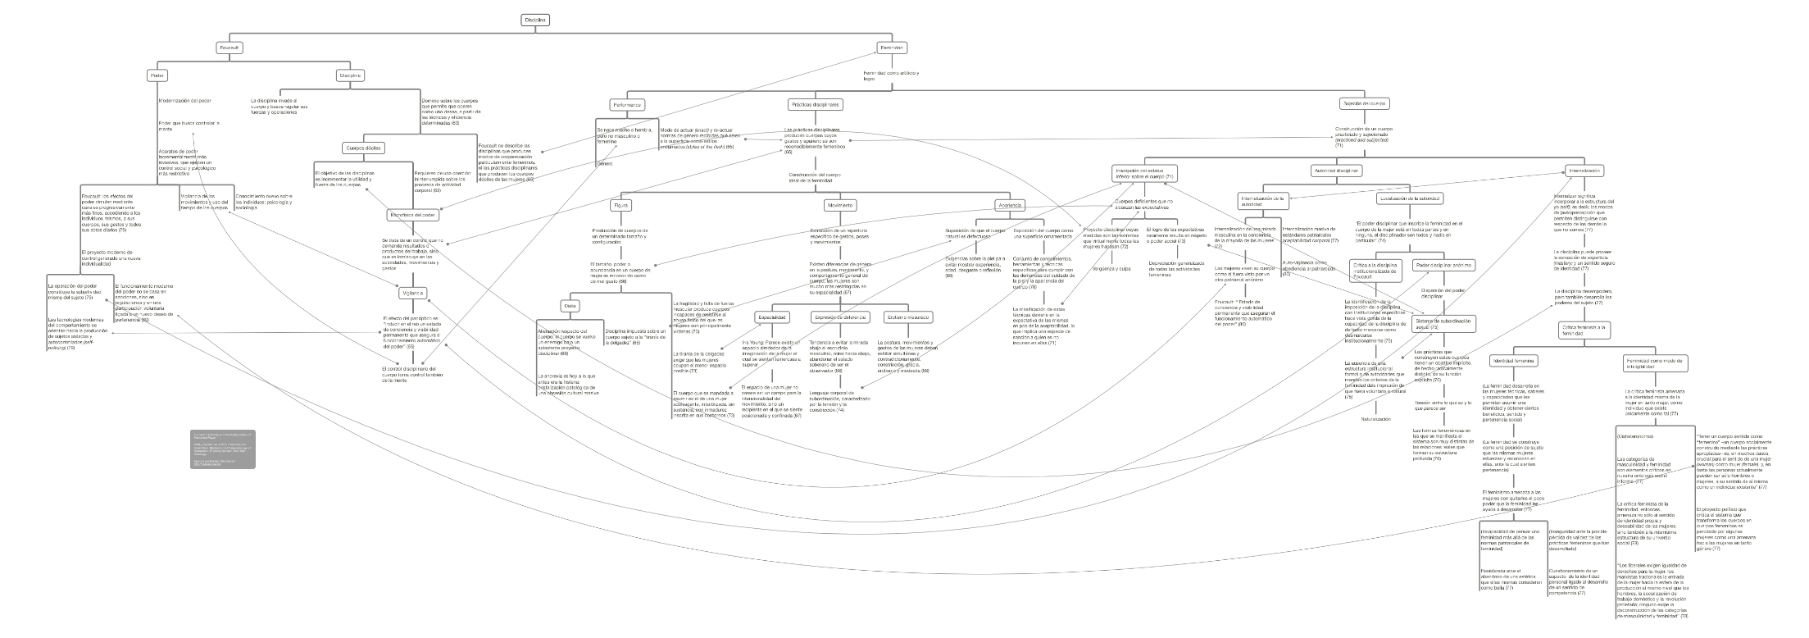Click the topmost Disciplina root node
(535, 20)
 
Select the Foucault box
(230, 48)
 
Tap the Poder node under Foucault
(157, 75)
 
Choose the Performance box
(627, 105)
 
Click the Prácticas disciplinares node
(816, 105)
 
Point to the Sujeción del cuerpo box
(1364, 104)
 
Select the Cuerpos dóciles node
(362, 148)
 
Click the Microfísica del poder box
(412, 215)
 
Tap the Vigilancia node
(411, 293)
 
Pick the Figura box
(621, 205)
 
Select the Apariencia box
(1009, 205)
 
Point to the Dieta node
(570, 306)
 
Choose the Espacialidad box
(772, 317)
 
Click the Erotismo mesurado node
(907, 317)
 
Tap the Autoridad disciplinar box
(1337, 171)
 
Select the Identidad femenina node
(1513, 360)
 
